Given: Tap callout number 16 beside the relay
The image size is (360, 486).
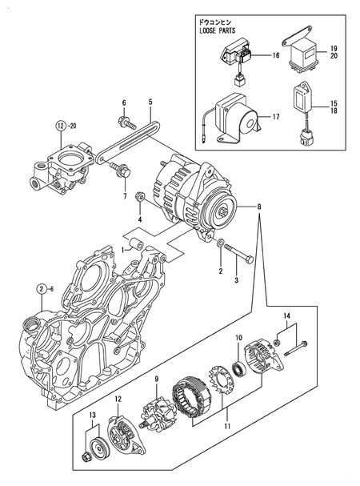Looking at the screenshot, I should coord(274,56).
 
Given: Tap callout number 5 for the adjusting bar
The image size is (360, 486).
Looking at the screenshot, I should coord(150,102).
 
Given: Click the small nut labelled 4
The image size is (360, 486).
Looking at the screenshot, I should coord(139,195).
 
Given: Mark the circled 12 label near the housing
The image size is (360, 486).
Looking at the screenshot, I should coord(61,125).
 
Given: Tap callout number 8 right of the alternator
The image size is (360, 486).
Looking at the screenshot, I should coord(258,207).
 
